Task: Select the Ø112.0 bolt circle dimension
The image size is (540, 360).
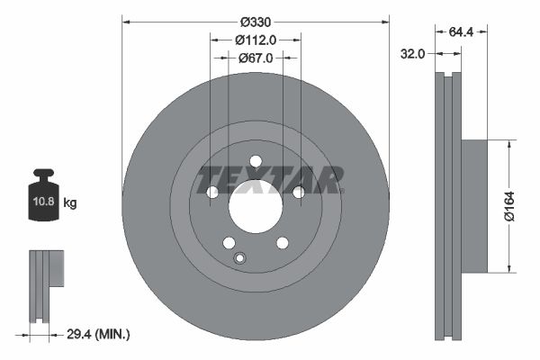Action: click(256, 40)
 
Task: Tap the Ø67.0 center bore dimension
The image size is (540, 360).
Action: click(256, 58)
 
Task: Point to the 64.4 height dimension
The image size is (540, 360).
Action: click(461, 31)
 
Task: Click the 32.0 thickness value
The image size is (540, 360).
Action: click(412, 54)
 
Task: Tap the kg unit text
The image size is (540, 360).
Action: click(70, 203)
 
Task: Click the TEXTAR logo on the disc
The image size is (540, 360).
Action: click(269, 179)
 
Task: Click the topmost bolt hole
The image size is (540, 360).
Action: click(256, 161)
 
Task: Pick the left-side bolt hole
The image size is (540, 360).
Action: click(212, 192)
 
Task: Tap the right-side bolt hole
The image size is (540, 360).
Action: click(298, 192)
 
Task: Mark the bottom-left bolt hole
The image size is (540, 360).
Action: click(229, 243)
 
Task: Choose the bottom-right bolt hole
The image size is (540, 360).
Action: click(282, 243)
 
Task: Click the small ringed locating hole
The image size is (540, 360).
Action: click(239, 259)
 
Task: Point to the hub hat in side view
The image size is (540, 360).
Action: click(473, 205)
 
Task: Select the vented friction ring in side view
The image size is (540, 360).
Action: click(447, 205)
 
